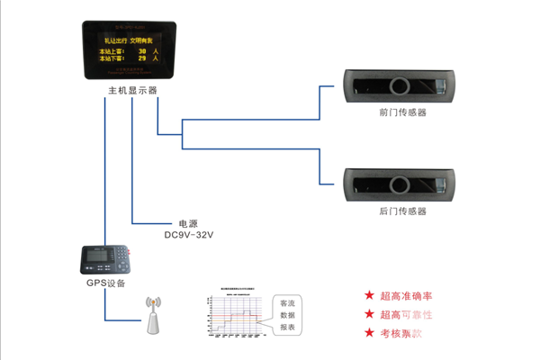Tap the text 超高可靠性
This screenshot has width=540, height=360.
click(x=406, y=315)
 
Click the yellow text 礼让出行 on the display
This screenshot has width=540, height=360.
click(x=115, y=40)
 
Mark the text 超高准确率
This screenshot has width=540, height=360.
click(x=406, y=296)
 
